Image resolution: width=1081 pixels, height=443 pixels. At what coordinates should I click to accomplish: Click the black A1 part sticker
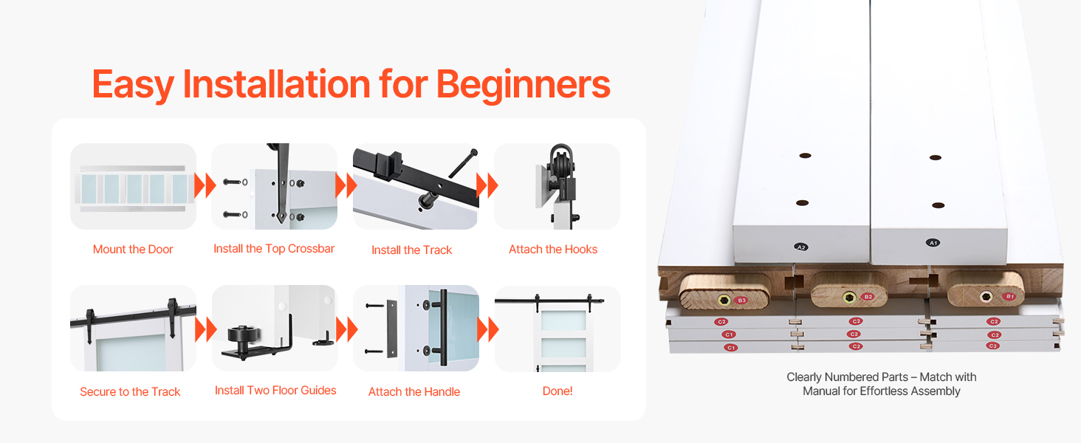[933, 243]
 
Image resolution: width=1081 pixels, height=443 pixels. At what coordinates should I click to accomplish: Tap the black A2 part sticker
[801, 247]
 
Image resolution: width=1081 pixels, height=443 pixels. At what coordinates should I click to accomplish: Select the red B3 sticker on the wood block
[741, 301]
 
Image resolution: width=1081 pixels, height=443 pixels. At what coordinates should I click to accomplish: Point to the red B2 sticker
[868, 297]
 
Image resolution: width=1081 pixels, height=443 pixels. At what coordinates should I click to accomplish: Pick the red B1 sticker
[1009, 296]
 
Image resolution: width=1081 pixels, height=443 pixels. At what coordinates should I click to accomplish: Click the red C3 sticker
[992, 346]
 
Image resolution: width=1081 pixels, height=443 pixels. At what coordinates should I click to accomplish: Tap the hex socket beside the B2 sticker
[849, 298]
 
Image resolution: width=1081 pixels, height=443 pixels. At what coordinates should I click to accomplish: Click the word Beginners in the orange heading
[523, 86]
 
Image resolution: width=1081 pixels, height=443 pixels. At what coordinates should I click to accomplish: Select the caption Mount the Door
[133, 250]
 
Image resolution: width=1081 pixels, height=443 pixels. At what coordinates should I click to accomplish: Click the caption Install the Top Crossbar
[274, 249]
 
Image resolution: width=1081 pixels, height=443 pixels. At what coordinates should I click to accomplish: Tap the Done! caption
[557, 391]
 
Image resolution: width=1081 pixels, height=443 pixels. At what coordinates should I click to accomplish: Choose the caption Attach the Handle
[414, 391]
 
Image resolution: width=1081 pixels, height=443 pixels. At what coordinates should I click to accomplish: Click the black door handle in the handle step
[442, 328]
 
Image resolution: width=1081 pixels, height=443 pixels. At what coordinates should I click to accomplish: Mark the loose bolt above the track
[463, 164]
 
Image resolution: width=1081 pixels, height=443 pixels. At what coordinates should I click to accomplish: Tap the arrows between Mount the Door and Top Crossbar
[205, 186]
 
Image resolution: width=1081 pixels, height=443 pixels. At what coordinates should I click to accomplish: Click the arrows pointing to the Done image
[487, 329]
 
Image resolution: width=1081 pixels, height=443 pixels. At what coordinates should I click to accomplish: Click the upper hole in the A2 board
[805, 155]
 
